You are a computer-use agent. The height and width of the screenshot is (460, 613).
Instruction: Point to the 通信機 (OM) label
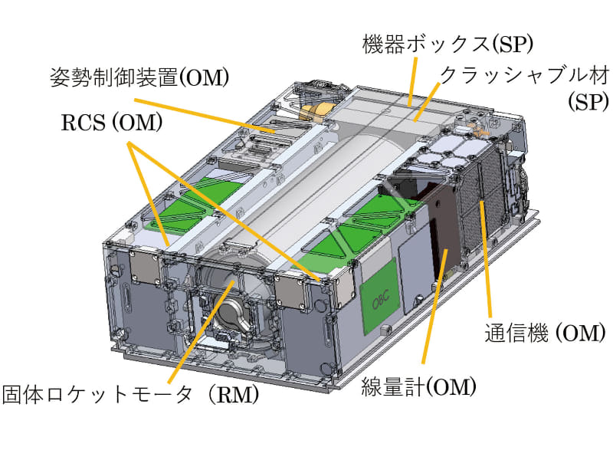point(545,333)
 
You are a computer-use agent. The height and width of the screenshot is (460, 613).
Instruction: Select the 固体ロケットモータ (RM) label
point(130,395)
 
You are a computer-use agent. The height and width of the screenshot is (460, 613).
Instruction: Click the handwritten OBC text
point(380,297)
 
